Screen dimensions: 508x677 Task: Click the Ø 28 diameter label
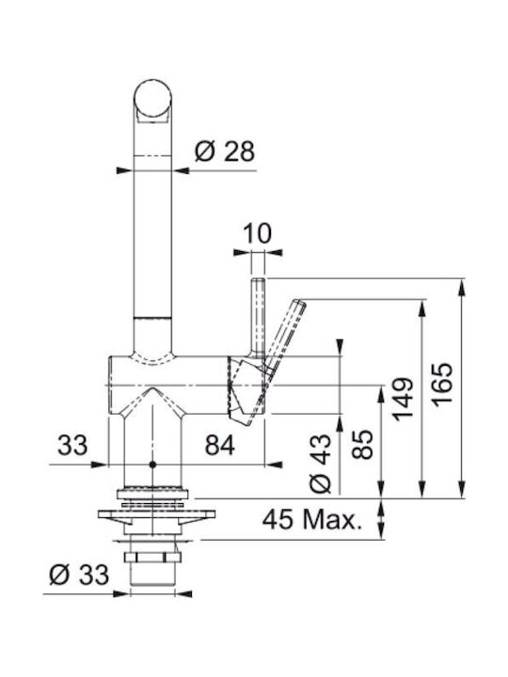pos(225,151)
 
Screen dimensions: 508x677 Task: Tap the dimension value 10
pos(258,233)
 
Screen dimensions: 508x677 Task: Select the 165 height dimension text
pos(443,385)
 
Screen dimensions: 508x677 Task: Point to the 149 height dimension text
pos(403,399)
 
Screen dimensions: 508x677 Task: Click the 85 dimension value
pos(362,444)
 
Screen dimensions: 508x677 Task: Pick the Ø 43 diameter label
pos(321,464)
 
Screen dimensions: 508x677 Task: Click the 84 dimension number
pos(220,445)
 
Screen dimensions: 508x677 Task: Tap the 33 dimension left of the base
pos(72,445)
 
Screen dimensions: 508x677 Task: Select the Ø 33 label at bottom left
pos(79,575)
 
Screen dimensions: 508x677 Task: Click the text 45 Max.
pos(311,519)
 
